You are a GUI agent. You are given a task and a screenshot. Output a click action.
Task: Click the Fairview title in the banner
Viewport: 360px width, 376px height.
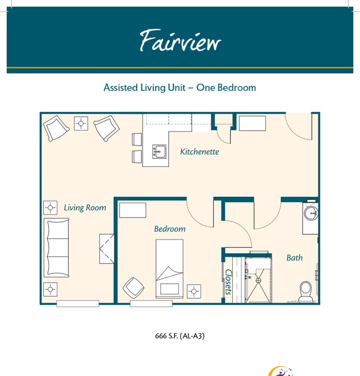(180, 41)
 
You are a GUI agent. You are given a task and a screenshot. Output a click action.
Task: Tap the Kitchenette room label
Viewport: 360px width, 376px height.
(199, 152)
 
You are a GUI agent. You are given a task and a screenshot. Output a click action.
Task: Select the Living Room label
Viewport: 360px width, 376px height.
(85, 208)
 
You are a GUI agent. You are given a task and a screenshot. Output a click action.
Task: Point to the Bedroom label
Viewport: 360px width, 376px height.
(170, 229)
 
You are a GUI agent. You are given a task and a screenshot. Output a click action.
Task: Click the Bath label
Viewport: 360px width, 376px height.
(294, 258)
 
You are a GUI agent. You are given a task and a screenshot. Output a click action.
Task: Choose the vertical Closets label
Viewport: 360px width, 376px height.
(229, 282)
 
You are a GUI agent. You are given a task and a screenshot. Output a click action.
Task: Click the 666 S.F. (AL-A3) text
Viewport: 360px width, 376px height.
(180, 336)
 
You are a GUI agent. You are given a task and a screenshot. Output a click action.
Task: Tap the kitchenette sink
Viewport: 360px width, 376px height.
(159, 152)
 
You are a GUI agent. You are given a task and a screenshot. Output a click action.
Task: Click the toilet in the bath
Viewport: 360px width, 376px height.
(306, 290)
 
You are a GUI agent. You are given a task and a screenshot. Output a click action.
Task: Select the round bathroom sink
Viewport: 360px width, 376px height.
(311, 213)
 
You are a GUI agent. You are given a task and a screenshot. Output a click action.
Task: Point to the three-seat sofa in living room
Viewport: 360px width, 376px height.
(56, 248)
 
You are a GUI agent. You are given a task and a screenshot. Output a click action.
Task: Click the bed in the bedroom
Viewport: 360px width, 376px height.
(170, 268)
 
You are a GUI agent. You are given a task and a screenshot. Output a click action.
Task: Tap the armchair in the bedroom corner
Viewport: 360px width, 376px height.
(134, 288)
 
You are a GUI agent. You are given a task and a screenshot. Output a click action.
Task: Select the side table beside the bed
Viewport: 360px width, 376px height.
(194, 291)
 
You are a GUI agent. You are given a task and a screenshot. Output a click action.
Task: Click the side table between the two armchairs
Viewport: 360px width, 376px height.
(81, 123)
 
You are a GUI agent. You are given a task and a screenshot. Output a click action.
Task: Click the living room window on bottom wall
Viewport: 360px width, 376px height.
(78, 304)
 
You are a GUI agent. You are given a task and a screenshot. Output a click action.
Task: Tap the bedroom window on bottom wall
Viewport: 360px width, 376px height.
(151, 304)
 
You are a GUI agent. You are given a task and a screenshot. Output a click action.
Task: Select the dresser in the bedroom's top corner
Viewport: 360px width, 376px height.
(133, 210)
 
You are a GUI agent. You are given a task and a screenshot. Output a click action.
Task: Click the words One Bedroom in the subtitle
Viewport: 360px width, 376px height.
(226, 87)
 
